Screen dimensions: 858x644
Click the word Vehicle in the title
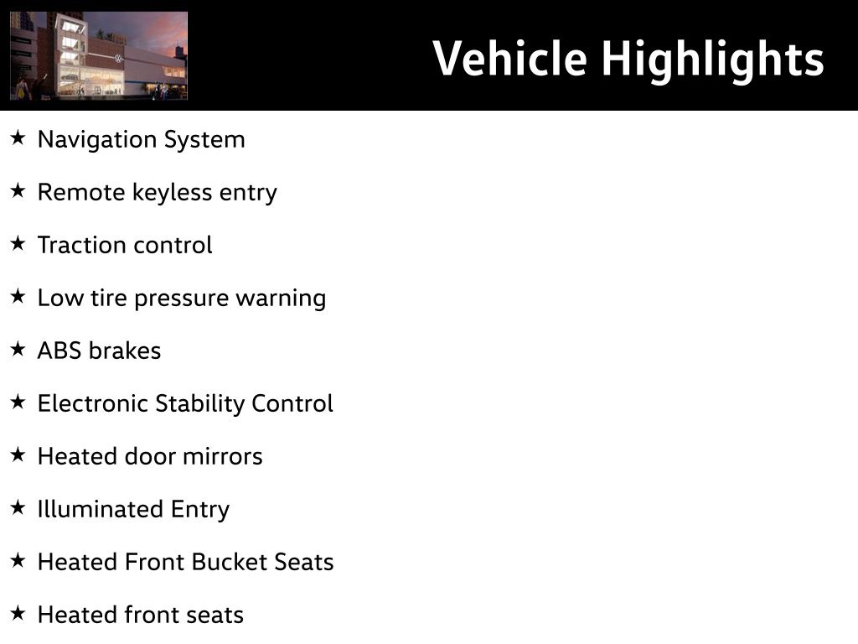pos(509,58)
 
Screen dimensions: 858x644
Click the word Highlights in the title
pos(713,61)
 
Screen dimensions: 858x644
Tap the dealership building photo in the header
pos(99,55)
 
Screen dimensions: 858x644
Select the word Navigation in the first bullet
pos(97,140)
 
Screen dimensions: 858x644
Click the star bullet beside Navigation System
pos(18,138)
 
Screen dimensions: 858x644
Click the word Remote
pos(81,192)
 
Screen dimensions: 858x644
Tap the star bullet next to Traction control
pos(18,243)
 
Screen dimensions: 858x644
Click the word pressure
pos(181,299)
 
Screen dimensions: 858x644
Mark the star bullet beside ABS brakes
pos(18,349)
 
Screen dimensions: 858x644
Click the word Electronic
pos(93,403)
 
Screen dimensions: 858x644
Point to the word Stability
pos(199,404)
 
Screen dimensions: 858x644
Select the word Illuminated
pos(101,509)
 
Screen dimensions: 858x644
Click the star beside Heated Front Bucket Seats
pos(18,560)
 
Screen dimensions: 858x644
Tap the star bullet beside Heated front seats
pos(18,613)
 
